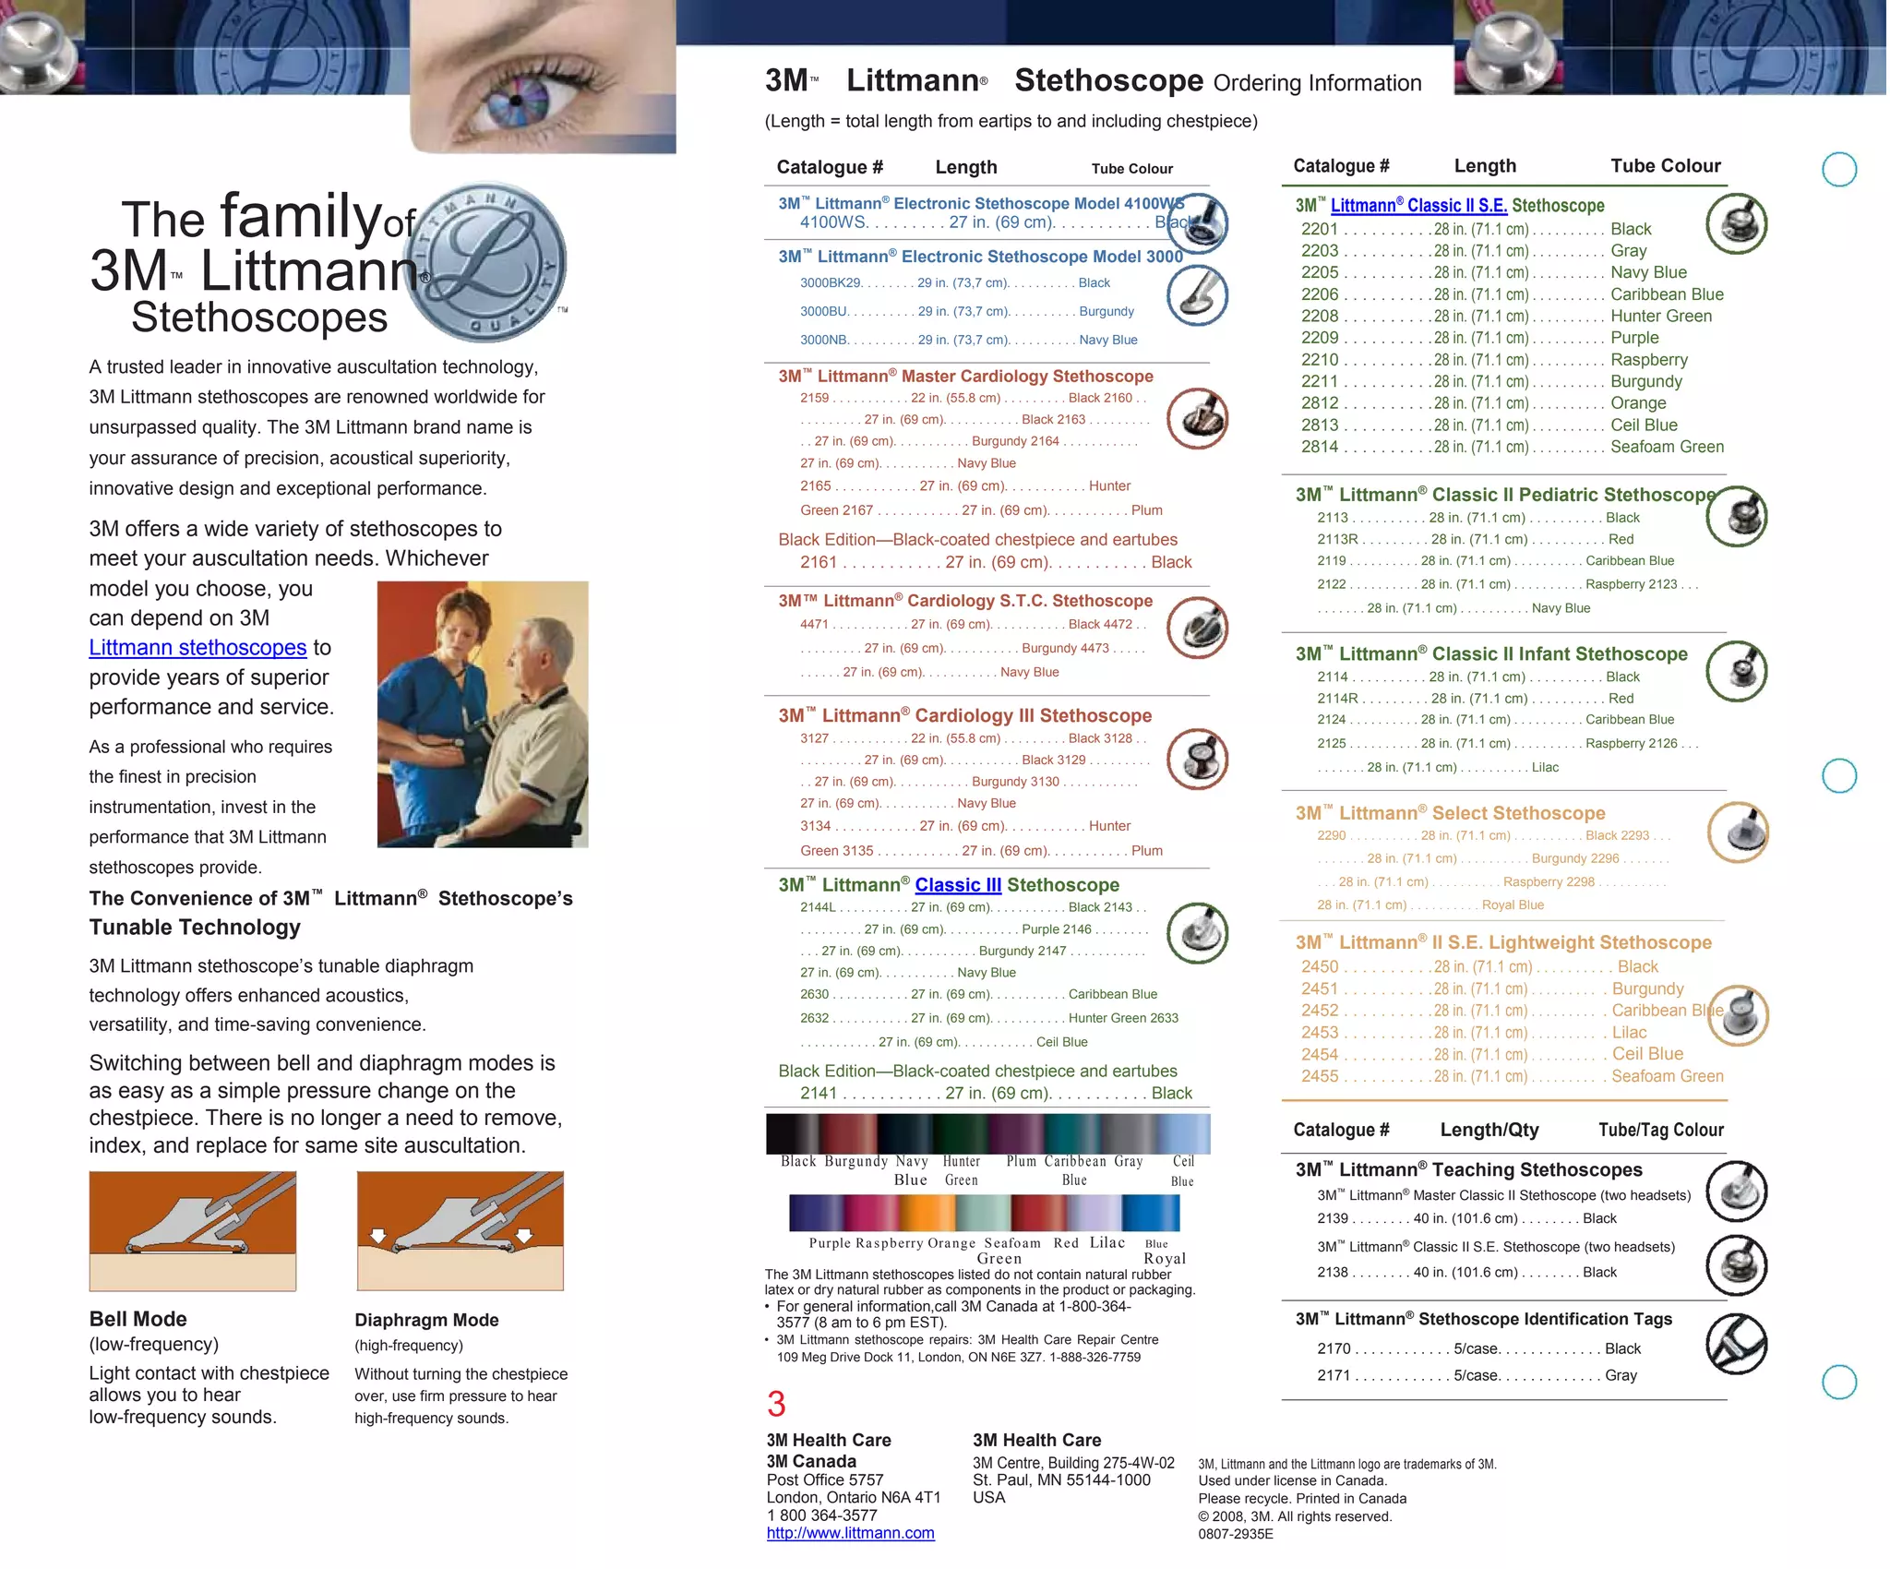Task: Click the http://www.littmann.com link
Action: tap(850, 1533)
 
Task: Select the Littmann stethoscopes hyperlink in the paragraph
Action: tap(197, 648)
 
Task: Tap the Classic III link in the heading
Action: tap(958, 885)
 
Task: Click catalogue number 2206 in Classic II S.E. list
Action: tap(1319, 294)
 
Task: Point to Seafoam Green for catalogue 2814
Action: tap(1667, 447)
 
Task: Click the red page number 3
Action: tap(776, 1404)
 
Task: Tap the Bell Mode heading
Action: tap(138, 1319)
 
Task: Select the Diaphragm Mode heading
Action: tap(426, 1320)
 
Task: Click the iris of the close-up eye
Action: tap(516, 99)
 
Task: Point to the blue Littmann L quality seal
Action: tap(496, 261)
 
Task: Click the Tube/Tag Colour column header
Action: tap(1660, 1130)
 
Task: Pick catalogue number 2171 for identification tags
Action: tap(1334, 1375)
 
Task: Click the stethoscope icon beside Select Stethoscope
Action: tap(1738, 832)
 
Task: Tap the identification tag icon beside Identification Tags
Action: tap(1736, 1344)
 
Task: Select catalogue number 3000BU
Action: tap(823, 312)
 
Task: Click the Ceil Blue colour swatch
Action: tap(1184, 1134)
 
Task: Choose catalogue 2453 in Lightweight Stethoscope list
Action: tap(1319, 1033)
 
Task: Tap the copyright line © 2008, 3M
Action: tap(1294, 1516)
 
